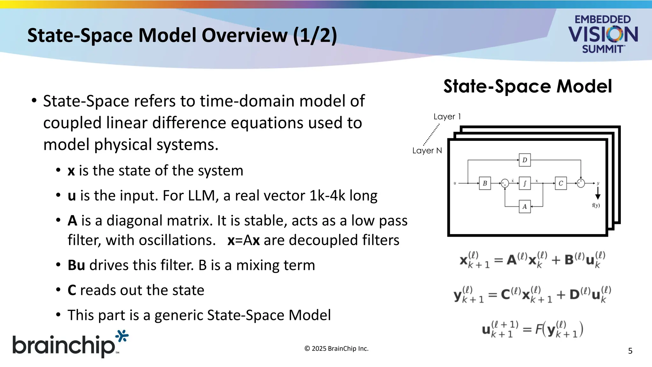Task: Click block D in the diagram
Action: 525,160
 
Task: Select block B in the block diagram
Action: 485,183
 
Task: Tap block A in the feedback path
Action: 525,207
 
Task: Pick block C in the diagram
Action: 561,183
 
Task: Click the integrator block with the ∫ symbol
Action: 525,183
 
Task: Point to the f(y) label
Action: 596,205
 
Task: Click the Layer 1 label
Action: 447,117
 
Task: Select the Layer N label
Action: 427,150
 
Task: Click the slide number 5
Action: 630,351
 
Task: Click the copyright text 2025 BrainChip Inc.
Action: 336,349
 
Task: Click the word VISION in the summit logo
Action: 603,34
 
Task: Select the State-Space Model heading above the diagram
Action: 528,86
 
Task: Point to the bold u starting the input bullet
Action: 72,196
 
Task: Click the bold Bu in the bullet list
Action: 76,265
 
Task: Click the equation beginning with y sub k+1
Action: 532,295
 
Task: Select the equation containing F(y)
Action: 532,330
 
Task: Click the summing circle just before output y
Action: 581,183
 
